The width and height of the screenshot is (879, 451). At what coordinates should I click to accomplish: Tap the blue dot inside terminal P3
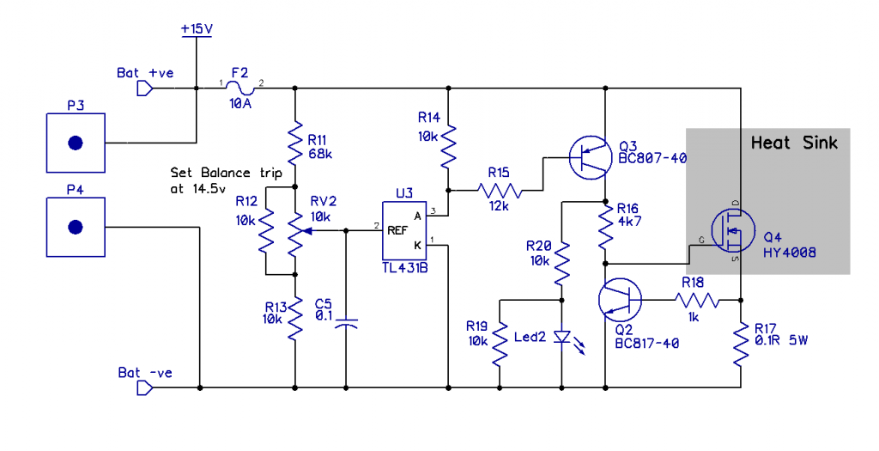76,143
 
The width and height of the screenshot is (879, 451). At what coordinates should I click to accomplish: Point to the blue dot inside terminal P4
76,227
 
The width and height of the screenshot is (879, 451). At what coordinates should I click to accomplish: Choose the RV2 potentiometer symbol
294,231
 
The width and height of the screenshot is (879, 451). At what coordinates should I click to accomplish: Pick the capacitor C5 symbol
346,323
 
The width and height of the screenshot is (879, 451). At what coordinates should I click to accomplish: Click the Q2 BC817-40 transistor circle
620,300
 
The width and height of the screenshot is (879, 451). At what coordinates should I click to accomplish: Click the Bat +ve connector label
145,73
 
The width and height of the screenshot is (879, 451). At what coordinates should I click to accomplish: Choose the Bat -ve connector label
145,373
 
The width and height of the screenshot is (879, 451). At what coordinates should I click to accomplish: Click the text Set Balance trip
226,172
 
